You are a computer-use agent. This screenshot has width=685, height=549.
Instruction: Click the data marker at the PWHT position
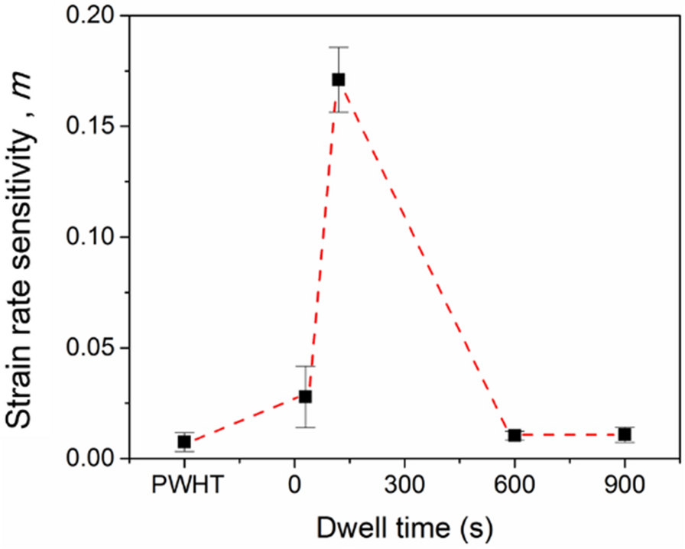coord(184,441)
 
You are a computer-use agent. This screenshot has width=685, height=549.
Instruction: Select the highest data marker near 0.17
coord(339,80)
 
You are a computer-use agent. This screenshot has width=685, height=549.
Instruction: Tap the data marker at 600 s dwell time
coord(515,435)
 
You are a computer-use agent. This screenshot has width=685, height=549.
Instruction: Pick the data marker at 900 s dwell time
coord(625,434)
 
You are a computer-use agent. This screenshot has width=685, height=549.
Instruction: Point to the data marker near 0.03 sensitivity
coord(305,396)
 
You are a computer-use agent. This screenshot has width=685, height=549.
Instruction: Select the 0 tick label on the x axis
coord(294,488)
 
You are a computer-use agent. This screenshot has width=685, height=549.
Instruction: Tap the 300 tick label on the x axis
coord(404,488)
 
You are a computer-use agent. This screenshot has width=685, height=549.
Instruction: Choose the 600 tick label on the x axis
coord(515,488)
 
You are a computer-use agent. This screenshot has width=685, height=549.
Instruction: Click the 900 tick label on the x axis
coord(625,488)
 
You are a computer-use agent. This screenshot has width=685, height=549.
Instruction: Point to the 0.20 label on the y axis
coord(93,16)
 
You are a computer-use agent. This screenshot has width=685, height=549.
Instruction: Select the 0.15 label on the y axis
coord(93,127)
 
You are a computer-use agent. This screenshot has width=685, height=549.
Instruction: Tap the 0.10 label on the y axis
coord(93,237)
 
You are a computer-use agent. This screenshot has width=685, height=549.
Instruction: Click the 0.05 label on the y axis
coord(93,348)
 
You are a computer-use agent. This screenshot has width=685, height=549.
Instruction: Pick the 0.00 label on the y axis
coord(93,458)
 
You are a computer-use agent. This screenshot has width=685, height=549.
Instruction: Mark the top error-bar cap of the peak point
coord(339,47)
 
